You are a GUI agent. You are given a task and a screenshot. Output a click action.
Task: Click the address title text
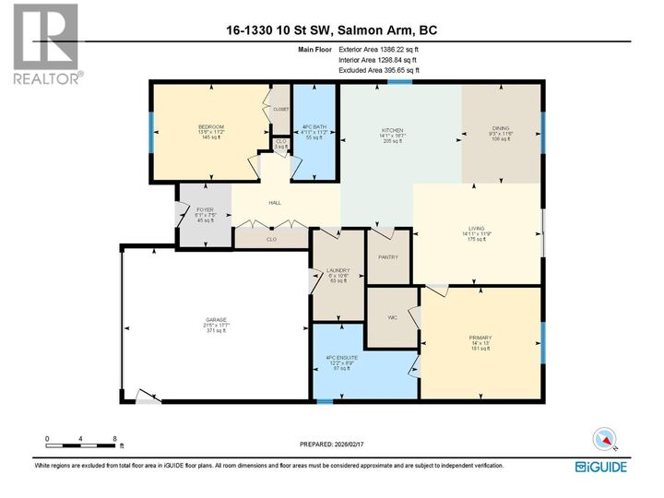[331, 30]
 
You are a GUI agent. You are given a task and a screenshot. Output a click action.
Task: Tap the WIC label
[392, 318]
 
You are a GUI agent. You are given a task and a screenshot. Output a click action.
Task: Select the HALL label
[274, 203]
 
